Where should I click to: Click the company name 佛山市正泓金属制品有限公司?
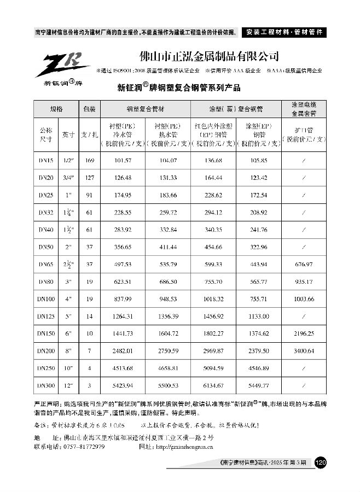coord(210,56)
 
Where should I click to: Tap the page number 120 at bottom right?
coord(321,462)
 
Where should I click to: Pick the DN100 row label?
coord(47,298)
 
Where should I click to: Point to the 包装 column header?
coord(89,109)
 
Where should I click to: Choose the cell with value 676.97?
coord(304,264)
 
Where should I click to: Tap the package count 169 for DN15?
coord(89,160)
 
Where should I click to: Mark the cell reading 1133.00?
coord(258,316)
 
